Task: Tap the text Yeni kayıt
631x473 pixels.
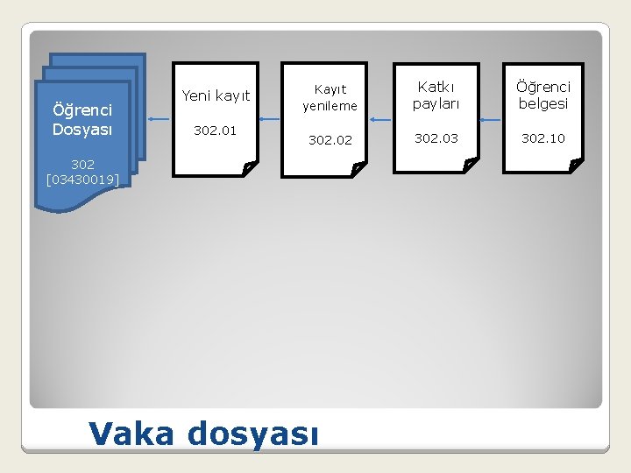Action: tap(216, 95)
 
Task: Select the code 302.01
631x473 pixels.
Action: tap(216, 131)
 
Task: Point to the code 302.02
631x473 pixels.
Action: tap(330, 140)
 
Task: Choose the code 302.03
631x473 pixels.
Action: tap(436, 138)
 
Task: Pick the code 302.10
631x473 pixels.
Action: tap(542, 138)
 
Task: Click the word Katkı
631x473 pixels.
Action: tap(436, 87)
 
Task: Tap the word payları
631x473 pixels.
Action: tap(436, 103)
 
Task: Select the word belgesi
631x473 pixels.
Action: tap(542, 103)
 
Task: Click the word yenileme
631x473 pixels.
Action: tap(330, 106)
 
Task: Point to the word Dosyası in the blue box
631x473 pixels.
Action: tap(82, 128)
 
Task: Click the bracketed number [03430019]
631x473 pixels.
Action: tap(82, 180)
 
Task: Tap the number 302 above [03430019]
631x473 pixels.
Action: tap(82, 164)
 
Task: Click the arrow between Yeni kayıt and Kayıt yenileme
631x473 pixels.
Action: tap(271, 118)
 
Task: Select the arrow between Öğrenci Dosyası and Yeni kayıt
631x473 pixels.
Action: tap(158, 118)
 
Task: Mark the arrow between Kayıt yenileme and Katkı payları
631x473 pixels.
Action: tap(381, 120)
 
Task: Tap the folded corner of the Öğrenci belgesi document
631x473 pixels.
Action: tap(575, 164)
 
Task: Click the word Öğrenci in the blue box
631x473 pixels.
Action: tap(82, 110)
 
